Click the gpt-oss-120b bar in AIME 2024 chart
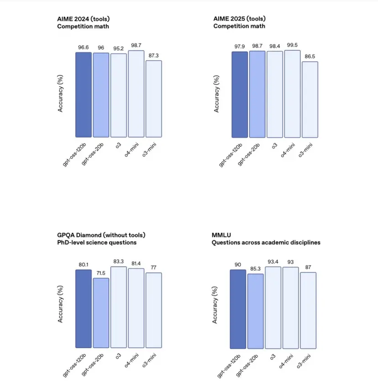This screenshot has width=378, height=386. (x=84, y=95)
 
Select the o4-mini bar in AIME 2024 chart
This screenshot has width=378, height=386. (x=136, y=94)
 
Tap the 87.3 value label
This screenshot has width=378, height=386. (x=153, y=55)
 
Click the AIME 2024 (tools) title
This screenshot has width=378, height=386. (x=84, y=19)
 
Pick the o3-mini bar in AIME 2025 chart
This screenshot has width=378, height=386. (x=310, y=100)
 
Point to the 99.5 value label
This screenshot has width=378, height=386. (x=292, y=45)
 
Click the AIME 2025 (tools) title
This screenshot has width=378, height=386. (x=239, y=19)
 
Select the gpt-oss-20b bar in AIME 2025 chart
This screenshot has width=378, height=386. (x=257, y=94)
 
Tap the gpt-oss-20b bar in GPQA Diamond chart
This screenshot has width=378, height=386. (x=101, y=313)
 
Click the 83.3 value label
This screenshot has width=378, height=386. (x=118, y=261)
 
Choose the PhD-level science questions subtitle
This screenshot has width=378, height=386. (x=97, y=243)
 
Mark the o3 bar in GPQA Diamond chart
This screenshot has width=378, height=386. (x=118, y=307)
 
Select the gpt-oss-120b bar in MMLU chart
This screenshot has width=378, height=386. (x=238, y=309)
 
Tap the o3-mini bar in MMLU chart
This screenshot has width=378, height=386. (x=308, y=310)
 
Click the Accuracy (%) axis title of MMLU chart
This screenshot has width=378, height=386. (x=215, y=305)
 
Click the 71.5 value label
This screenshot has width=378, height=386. (x=101, y=273)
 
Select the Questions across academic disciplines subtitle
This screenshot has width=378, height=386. (x=266, y=243)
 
